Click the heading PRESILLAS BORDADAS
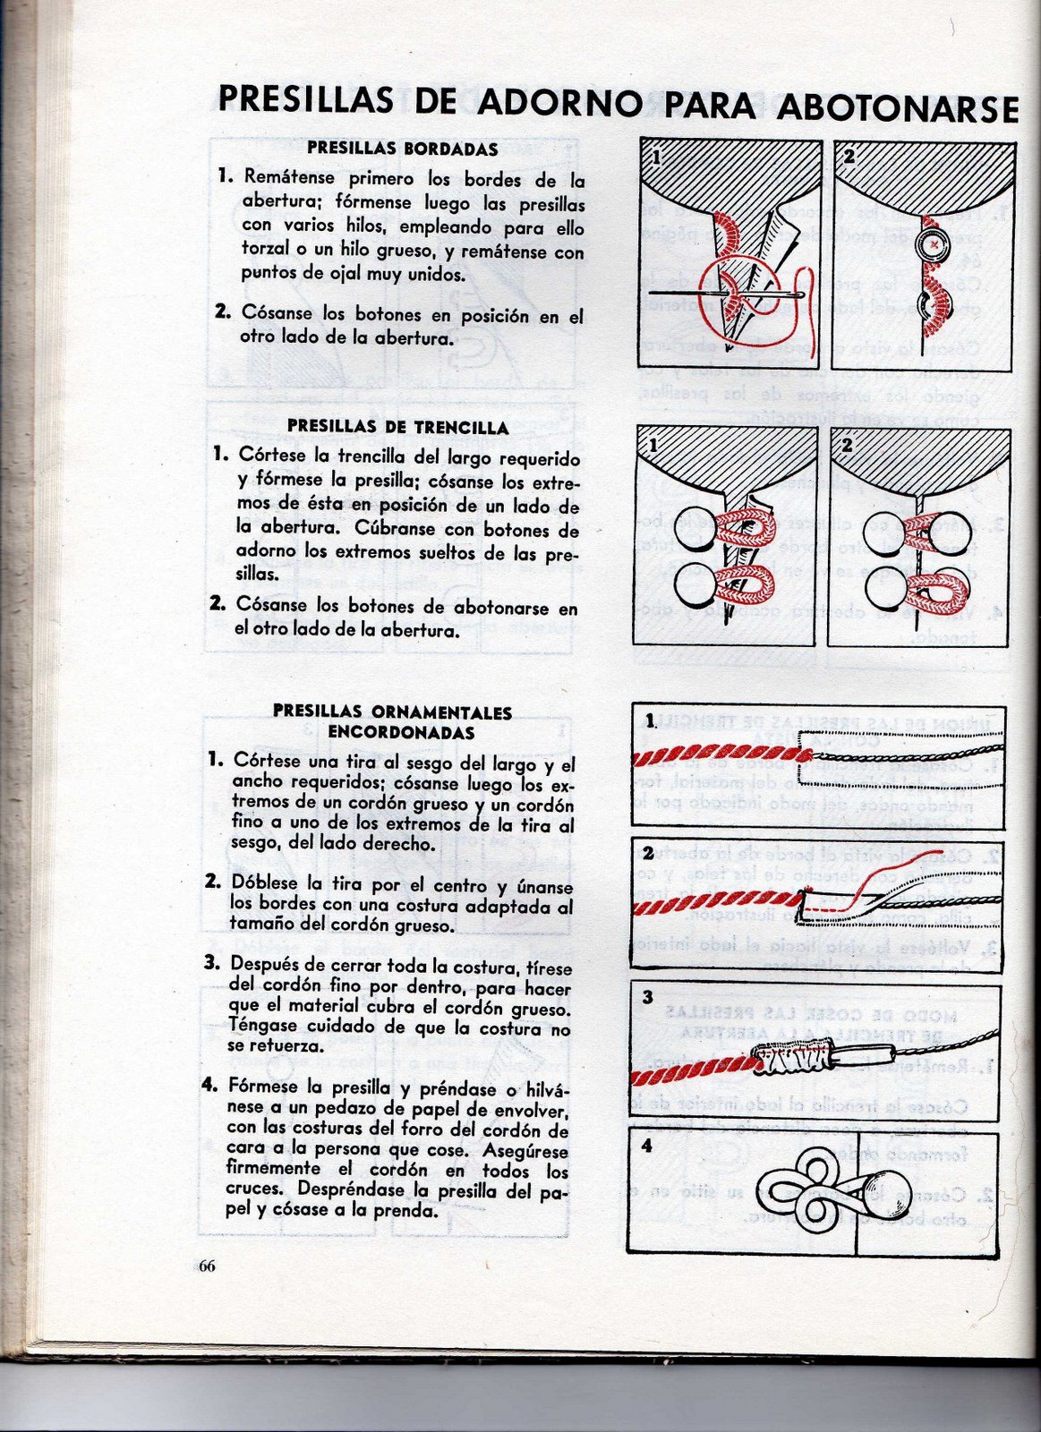402,149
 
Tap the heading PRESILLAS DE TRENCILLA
397,428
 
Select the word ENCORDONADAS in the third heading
401,732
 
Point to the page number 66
207,1266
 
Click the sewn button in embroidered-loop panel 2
933,244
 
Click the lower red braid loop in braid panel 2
935,590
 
